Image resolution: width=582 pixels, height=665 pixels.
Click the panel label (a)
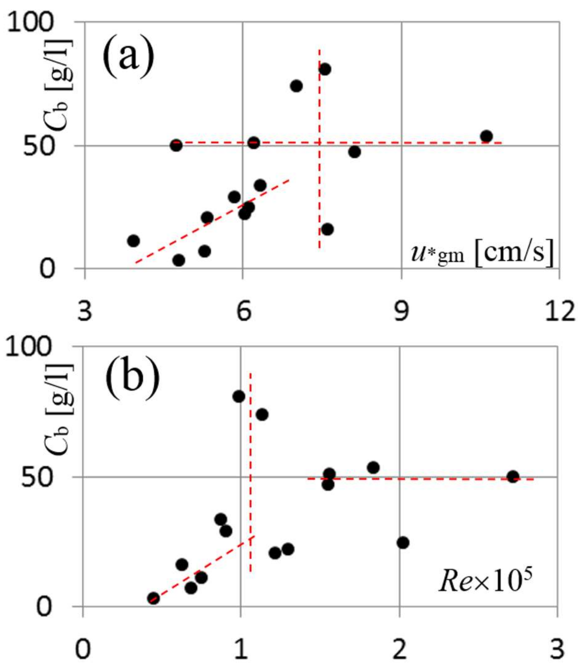(128, 56)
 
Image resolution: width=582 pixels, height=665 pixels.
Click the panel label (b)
(132, 380)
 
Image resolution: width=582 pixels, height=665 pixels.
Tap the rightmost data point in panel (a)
(486, 136)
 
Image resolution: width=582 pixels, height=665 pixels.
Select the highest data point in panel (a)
(325, 69)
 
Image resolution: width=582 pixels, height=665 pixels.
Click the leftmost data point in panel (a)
(133, 241)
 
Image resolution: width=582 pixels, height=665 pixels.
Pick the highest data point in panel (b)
(238, 396)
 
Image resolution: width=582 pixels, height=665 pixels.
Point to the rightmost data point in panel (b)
(513, 476)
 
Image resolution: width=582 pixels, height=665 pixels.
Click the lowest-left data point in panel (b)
(153, 598)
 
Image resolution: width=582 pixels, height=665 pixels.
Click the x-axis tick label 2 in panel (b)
(400, 649)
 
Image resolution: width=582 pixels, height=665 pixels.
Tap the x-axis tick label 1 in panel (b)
(241, 649)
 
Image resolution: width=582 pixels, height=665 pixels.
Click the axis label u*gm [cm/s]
(482, 253)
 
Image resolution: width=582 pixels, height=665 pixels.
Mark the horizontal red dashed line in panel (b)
(416, 479)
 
